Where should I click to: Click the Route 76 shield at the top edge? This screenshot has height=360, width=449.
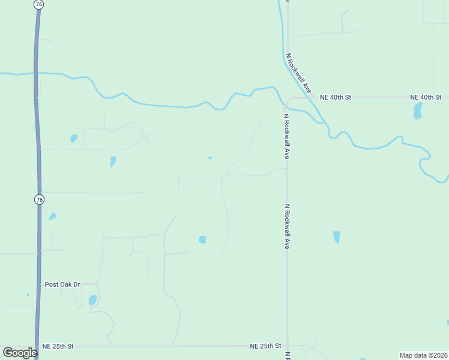point(39,4)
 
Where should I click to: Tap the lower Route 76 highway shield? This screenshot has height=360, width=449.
point(39,199)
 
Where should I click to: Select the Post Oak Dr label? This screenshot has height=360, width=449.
point(62,284)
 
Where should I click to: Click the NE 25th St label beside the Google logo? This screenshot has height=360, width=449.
point(58,346)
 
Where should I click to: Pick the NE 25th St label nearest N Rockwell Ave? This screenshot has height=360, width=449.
point(265,346)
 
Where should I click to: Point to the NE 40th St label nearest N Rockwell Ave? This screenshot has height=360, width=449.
point(335,97)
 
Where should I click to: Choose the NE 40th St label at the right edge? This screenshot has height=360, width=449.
point(426,97)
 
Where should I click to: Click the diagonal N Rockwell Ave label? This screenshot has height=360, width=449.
point(299,73)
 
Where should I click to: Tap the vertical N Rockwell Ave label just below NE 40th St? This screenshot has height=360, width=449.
point(287,136)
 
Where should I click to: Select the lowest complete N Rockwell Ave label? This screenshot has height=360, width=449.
point(287,227)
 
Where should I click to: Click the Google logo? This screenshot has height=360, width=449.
point(20,353)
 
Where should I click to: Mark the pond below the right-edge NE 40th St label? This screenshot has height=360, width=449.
point(417,110)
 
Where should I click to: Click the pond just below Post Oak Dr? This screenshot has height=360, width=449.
point(92,299)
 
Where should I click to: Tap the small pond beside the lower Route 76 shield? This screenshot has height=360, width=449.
point(53,216)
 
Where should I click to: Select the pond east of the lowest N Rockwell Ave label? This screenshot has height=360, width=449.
point(336,237)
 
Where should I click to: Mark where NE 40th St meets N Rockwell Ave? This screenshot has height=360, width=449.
point(288,97)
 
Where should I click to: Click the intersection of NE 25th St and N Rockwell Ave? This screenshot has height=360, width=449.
point(288,346)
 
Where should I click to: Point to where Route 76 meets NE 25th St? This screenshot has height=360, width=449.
point(38,346)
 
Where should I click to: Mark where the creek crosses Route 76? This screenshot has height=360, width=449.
point(37,74)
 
